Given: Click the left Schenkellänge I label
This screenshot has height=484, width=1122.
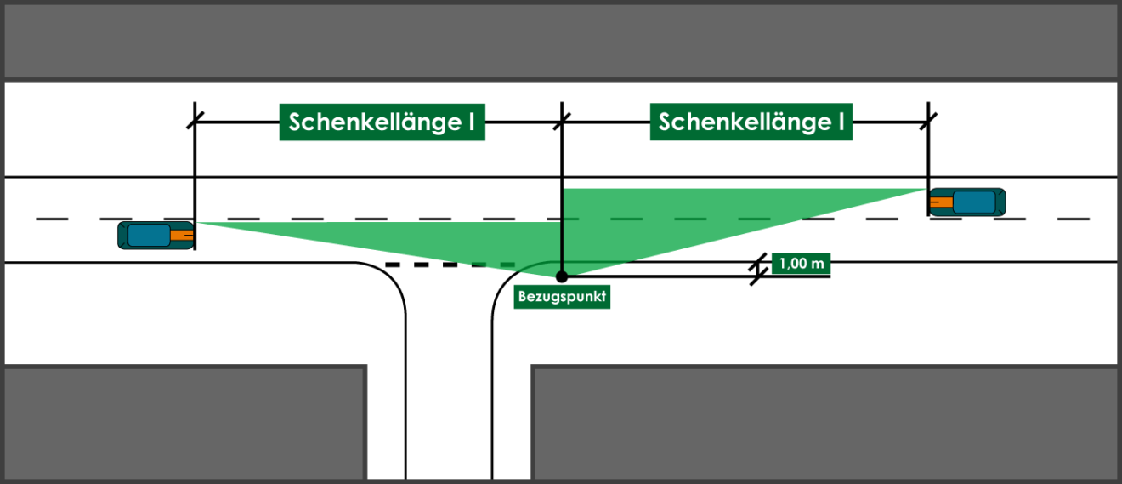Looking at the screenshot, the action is coord(382,122).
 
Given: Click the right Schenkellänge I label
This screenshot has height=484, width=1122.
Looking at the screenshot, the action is coord(751,122).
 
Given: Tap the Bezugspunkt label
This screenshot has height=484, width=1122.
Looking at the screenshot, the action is coord(562,297).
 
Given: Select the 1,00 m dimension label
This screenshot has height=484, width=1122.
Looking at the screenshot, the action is coord(802,264).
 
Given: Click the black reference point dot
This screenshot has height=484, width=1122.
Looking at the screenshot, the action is coord(562,276).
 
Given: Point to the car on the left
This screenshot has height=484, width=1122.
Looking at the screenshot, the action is coord(156,235).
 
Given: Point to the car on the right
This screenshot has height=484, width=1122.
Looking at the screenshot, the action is coord(967,202).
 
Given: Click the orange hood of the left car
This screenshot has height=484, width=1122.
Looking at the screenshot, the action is coord(182,235).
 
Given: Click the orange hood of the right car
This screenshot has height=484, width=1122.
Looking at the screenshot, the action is coord(941,202).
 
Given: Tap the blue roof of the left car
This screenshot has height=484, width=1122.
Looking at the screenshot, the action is coord(149,235).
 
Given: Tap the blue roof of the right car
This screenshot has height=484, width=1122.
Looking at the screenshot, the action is coord(974,202).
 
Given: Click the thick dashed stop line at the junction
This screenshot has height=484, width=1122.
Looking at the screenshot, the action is coord(450,265).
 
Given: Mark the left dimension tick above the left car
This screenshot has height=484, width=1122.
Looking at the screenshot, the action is coord(195,120).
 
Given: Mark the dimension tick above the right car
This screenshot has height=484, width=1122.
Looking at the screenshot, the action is coord(928,121).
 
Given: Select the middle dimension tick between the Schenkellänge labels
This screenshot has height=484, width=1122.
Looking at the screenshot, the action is coord(562,121).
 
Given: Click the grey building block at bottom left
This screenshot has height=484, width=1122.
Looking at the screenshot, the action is coord(184,423).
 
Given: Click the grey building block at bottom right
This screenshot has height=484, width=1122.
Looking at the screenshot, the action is coord(824,423).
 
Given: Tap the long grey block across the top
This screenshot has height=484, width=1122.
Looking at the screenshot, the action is coord(561,42).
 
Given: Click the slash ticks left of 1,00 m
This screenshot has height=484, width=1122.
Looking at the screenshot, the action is coord(758,269).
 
